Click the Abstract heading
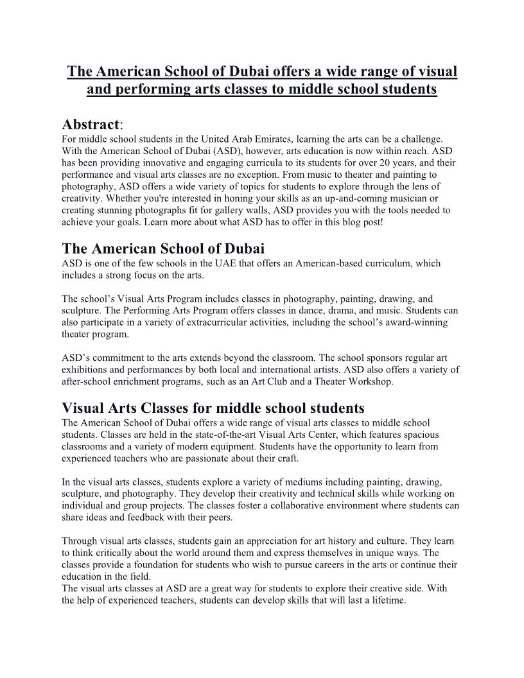(x=91, y=124)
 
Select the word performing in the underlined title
(x=149, y=89)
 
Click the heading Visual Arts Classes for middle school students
(x=213, y=408)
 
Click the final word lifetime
(x=387, y=600)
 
